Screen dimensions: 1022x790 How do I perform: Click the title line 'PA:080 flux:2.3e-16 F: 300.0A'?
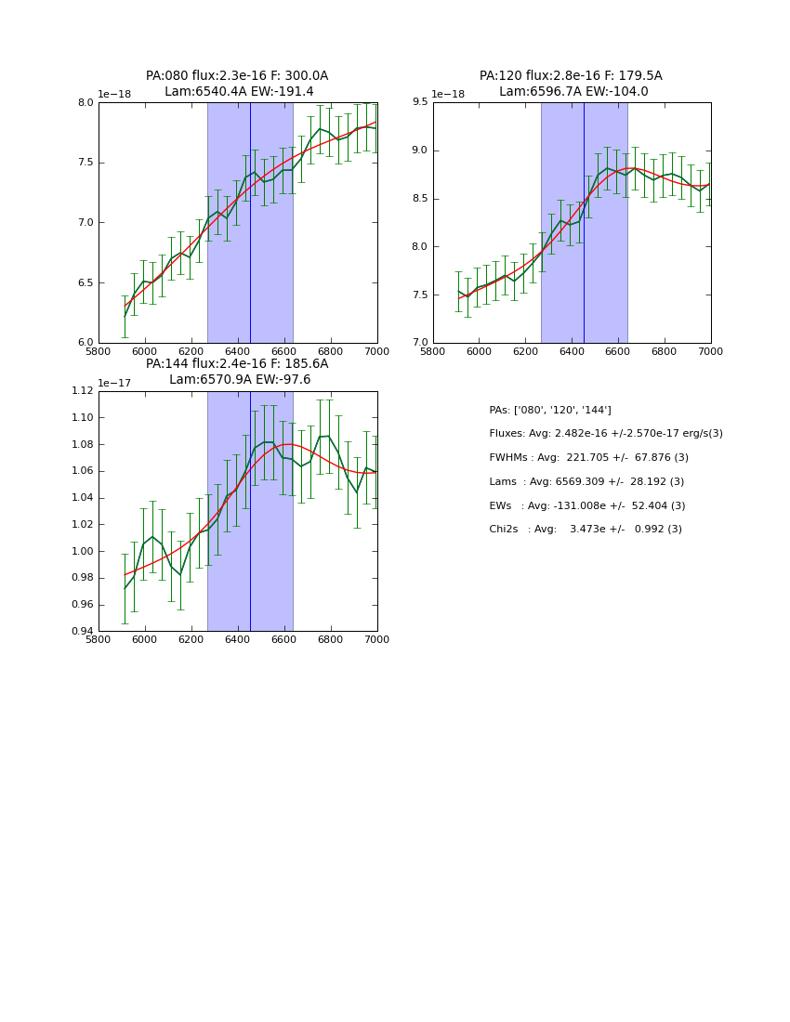click(x=237, y=76)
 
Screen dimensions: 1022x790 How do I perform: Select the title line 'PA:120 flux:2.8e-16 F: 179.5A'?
click(x=571, y=76)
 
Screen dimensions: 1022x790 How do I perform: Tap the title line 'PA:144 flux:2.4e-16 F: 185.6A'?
click(x=237, y=364)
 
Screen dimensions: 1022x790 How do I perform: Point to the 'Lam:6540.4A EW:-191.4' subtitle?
click(x=239, y=91)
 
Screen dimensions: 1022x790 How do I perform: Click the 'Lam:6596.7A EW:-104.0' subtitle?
click(x=573, y=91)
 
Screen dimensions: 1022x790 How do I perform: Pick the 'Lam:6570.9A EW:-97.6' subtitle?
click(x=240, y=379)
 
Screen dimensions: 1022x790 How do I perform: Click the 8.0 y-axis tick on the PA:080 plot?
click(x=85, y=103)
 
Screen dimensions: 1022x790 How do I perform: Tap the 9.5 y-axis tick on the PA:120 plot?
click(x=419, y=103)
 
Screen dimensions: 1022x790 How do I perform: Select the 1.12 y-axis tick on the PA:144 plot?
click(x=82, y=391)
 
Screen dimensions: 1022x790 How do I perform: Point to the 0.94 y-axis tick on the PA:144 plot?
click(x=82, y=632)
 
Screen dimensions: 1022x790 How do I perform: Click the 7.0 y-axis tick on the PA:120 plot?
click(x=419, y=343)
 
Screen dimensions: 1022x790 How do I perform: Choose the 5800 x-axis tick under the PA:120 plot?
click(x=433, y=350)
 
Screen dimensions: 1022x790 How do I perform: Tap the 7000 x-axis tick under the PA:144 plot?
click(x=376, y=639)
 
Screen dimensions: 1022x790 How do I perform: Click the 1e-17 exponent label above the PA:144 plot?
click(x=114, y=383)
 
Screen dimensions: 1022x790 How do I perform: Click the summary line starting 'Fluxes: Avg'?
click(x=605, y=434)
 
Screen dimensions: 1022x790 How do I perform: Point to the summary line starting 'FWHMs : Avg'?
click(x=588, y=457)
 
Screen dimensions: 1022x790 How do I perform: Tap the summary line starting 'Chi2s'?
click(x=585, y=530)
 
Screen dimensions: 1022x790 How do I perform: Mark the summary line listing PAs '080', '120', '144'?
click(x=549, y=410)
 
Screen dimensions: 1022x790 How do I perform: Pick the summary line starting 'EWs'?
click(x=586, y=505)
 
